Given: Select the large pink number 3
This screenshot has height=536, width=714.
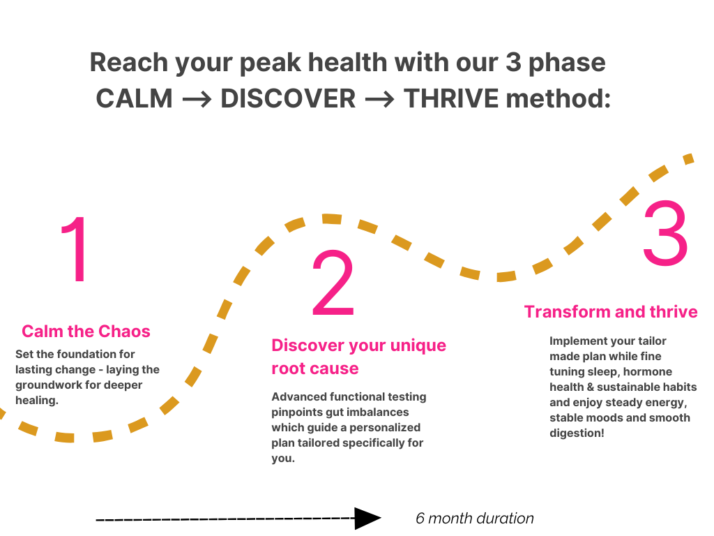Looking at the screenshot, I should pyautogui.click(x=665, y=234).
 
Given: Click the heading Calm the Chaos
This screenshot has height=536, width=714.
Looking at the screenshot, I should pyautogui.click(x=86, y=331).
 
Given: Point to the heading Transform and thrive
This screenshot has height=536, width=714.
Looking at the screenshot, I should pyautogui.click(x=611, y=311).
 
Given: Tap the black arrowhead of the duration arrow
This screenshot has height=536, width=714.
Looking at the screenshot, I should pyautogui.click(x=367, y=519).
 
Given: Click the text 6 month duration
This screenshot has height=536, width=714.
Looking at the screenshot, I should pyautogui.click(x=475, y=519).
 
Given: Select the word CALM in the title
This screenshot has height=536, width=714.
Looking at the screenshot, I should pyautogui.click(x=134, y=98).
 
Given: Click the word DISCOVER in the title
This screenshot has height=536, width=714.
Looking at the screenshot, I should pyautogui.click(x=288, y=98).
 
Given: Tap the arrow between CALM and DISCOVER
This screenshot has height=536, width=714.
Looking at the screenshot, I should pyautogui.click(x=197, y=99).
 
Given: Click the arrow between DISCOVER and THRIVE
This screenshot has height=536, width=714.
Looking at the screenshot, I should pyautogui.click(x=380, y=99).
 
